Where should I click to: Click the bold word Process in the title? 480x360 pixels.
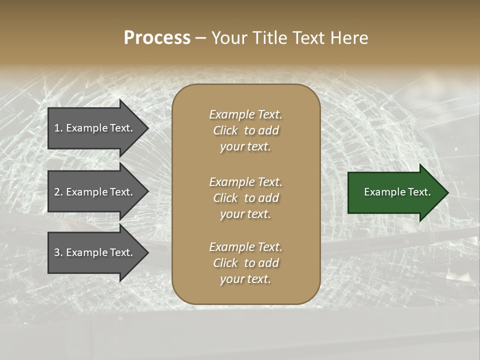pos(157,38)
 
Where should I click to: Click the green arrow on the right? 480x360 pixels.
pos(395,192)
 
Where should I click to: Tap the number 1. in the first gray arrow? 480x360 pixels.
pos(58,128)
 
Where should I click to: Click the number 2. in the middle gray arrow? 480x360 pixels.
pos(58,192)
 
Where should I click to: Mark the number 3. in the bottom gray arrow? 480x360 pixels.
pos(58,252)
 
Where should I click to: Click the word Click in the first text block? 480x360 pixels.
pos(225,130)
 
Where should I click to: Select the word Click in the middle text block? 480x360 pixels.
pos(225,198)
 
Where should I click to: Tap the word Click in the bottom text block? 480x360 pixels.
pos(225,263)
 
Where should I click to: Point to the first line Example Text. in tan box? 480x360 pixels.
pos(245,114)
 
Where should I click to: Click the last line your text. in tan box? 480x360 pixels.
pos(245,279)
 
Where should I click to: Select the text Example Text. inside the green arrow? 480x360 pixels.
pos(397,192)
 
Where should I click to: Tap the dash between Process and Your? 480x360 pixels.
pos(200,38)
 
